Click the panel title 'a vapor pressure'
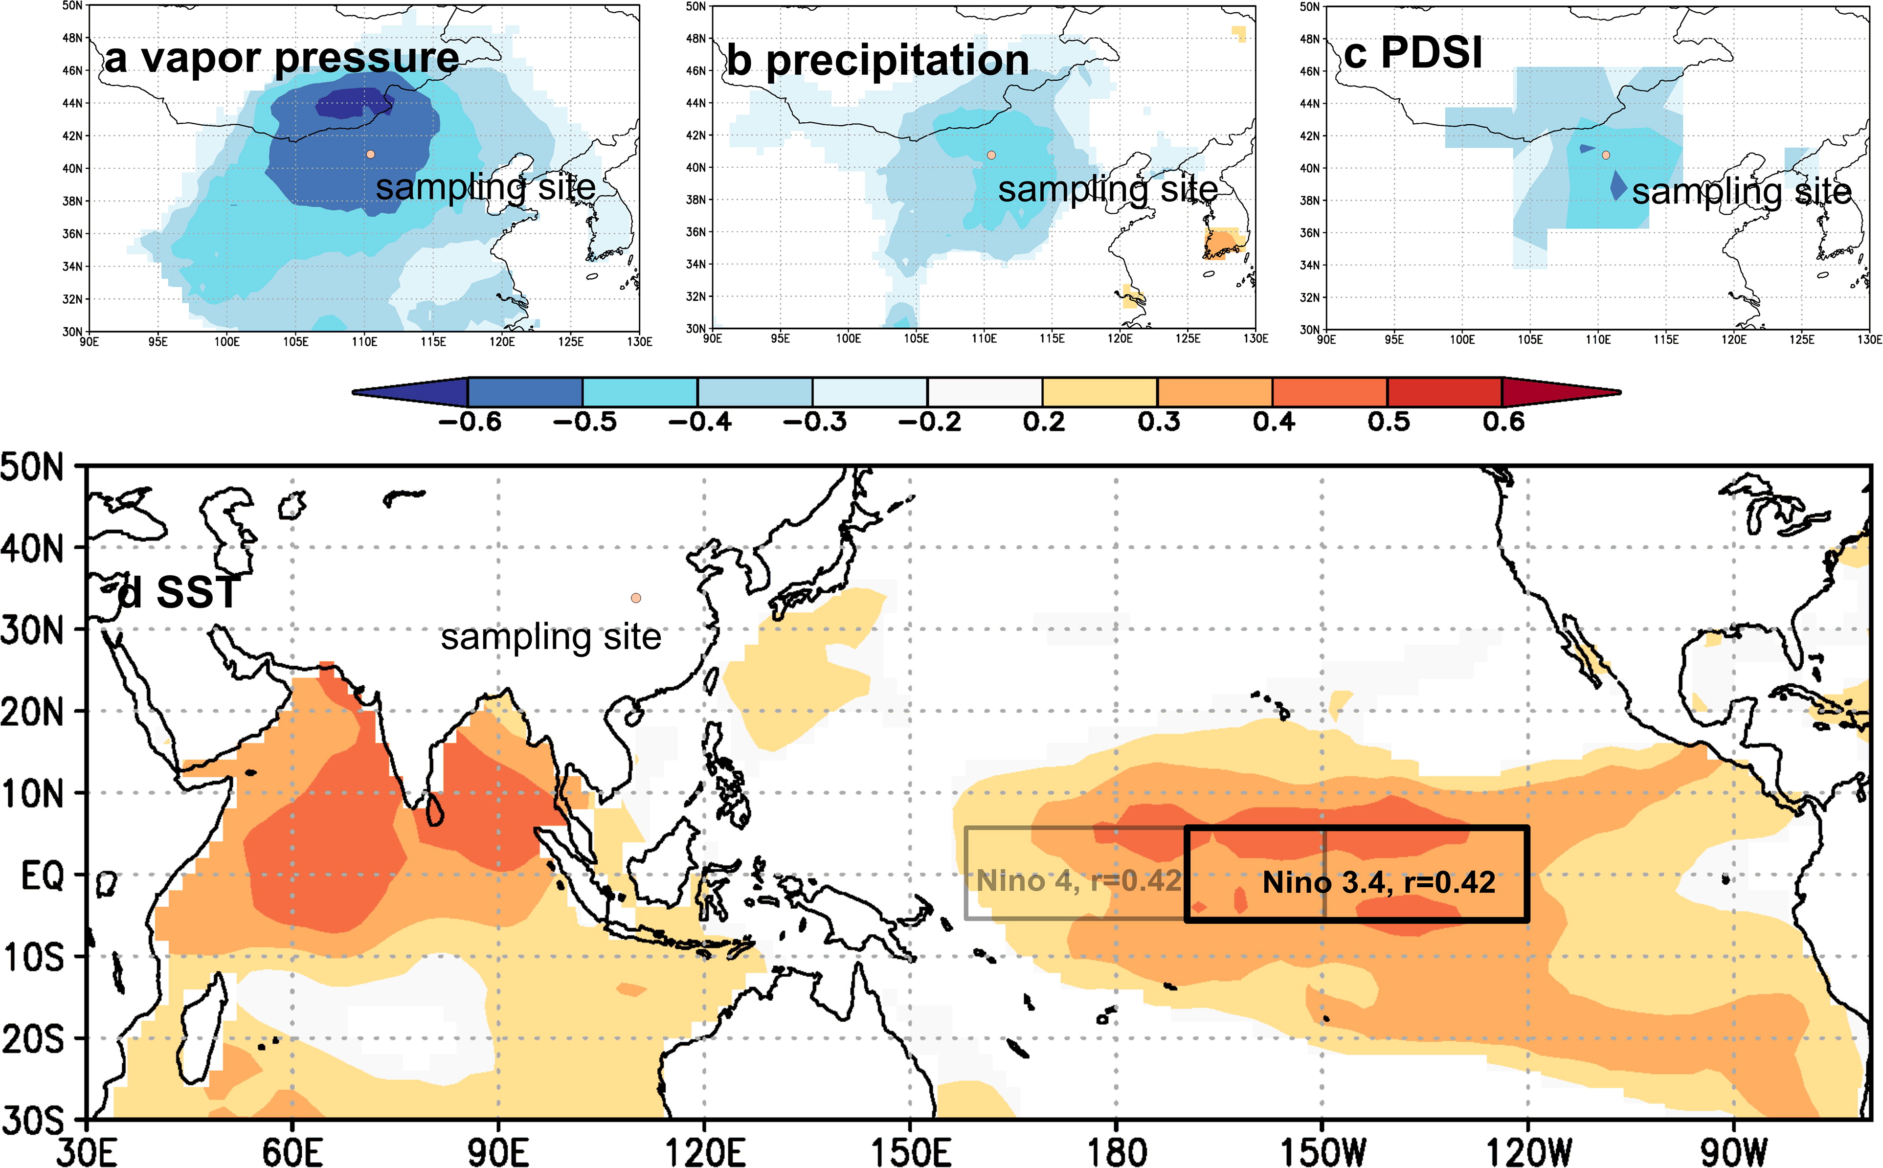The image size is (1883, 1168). click(281, 58)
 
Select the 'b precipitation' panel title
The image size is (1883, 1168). click(878, 60)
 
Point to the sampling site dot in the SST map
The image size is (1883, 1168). click(636, 598)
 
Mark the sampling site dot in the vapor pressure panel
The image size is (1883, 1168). click(371, 155)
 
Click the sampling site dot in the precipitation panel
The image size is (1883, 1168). click(992, 155)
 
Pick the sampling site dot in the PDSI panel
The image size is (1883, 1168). click(1606, 155)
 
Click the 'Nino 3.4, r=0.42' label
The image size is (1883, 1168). click(1379, 882)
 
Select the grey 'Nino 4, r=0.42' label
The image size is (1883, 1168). click(1079, 880)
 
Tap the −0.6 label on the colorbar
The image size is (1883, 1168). click(470, 422)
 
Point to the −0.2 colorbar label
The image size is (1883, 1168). click(929, 422)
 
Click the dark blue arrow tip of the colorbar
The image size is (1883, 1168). click(354, 392)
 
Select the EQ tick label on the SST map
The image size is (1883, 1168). click(43, 876)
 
